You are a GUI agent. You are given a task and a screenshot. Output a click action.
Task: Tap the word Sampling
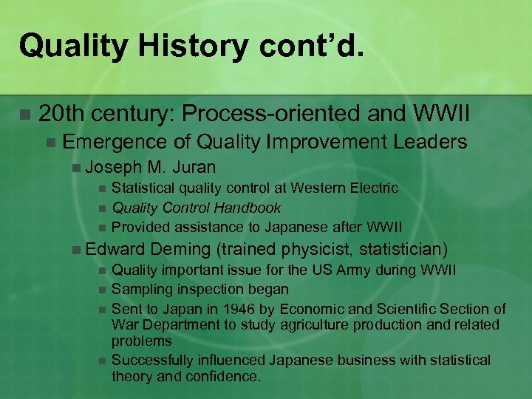(x=140, y=289)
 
